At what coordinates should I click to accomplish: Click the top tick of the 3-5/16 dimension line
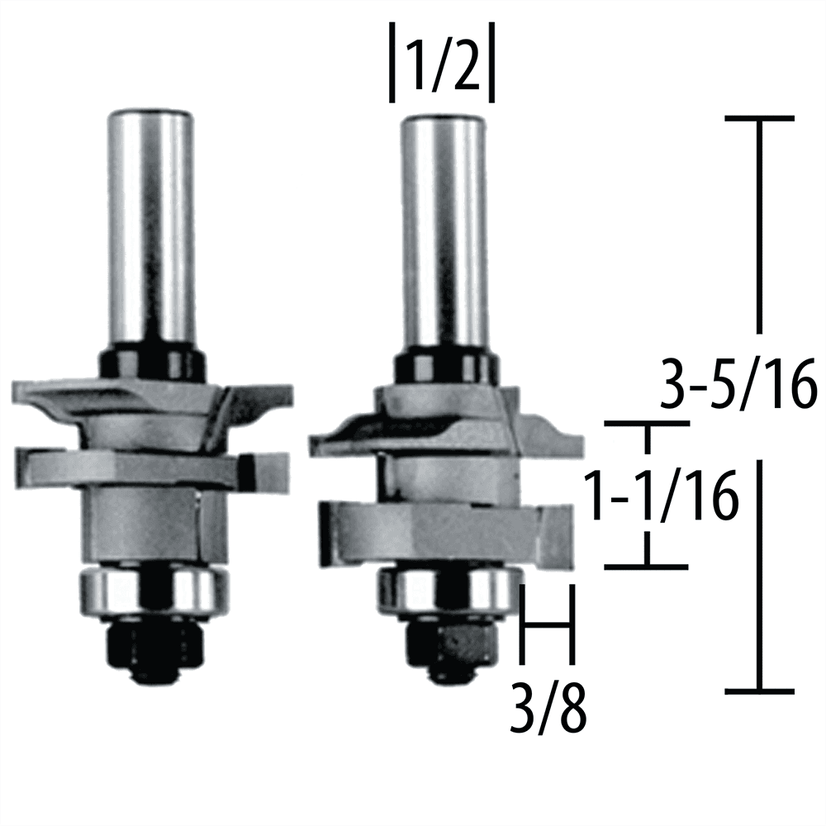758,119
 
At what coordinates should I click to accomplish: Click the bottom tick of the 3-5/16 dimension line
758,691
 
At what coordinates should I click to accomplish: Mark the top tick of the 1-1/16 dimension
648,425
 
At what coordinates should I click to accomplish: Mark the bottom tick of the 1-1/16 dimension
648,567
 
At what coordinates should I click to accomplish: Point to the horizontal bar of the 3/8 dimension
546,625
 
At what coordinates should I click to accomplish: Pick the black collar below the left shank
151,362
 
